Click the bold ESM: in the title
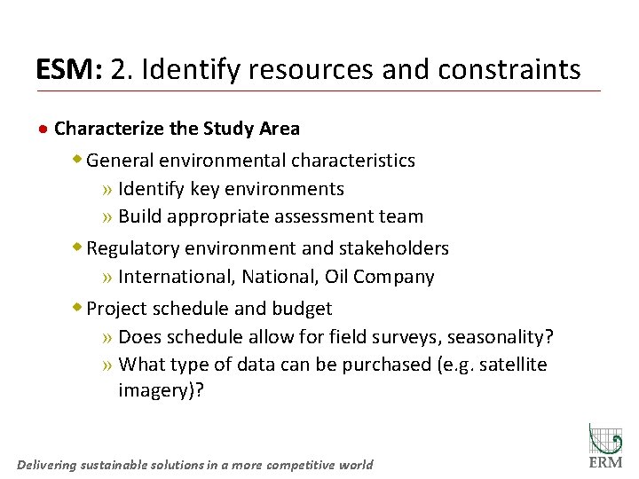pos(70,69)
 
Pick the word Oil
pos(336,277)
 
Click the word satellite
pos(513,365)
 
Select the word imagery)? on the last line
pos(161,391)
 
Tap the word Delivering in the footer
pos(46,465)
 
